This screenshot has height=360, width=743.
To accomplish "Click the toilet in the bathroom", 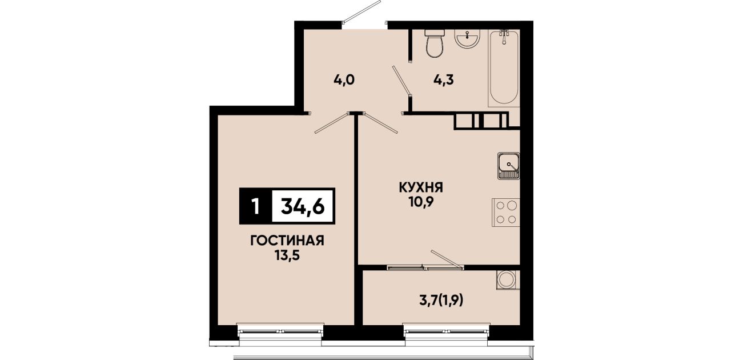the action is pos(435,43).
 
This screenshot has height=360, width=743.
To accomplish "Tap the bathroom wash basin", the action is pos(467,39).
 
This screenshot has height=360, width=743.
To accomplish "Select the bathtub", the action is pos(504,68).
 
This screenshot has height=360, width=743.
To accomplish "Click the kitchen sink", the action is pos(508,166).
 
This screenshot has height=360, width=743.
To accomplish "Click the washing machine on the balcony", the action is pos(508,279).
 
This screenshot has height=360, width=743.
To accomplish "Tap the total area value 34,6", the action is pos(303,206).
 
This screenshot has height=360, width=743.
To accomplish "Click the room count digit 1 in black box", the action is pos(255,206).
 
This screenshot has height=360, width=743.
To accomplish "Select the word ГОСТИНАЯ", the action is pos(287,241).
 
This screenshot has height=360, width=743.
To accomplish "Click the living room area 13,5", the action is pos(287,255).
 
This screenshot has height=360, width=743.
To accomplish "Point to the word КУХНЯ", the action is pos(421,188).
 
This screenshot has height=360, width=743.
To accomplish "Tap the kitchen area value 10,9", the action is pos(421,202).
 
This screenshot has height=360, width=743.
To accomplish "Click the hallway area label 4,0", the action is pos(344,80).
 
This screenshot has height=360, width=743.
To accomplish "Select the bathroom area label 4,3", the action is pos(444,80).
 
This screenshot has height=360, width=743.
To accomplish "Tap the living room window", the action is pos(280,331).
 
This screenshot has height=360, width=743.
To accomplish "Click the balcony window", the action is pos(447,331).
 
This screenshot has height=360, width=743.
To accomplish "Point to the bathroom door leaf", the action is pos(401,81).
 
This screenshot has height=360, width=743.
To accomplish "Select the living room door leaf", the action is pos(332,123).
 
